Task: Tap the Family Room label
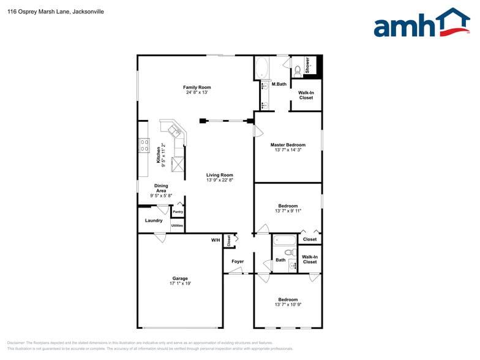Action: click(197, 88)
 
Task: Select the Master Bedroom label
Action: click(288, 145)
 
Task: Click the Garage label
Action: click(179, 279)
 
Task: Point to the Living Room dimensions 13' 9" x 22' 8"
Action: click(219, 181)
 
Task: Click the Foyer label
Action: click(238, 261)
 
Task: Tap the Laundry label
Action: click(154, 220)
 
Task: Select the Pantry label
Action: click(178, 212)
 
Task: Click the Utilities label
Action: click(177, 226)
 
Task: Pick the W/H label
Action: click(216, 240)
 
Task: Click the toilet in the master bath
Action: click(298, 70)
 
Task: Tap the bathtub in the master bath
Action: click(261, 68)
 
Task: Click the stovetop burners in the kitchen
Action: click(144, 145)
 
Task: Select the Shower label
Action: click(307, 66)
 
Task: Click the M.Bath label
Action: click(279, 84)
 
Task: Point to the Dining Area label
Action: click(161, 189)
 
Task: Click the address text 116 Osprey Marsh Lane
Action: click(37, 11)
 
